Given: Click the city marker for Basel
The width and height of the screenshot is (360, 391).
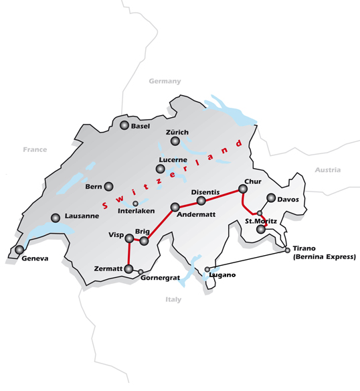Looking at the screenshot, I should [124, 125].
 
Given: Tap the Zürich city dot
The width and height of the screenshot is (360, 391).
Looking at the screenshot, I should [175, 141].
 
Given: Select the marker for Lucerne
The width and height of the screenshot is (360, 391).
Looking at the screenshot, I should [160, 168].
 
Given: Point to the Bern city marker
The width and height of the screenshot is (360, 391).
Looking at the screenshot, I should [109, 187].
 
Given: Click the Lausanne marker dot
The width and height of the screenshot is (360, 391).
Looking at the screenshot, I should [56, 217].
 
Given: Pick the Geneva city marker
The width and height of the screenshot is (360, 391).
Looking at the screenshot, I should [19, 250].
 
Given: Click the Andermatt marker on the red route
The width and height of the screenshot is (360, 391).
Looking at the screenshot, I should [175, 207].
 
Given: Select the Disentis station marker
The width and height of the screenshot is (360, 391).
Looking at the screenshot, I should [201, 200].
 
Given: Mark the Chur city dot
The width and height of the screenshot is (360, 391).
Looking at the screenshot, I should [243, 189].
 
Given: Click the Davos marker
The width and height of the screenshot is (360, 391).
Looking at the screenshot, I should [271, 198].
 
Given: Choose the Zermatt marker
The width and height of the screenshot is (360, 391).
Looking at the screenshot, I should [129, 268].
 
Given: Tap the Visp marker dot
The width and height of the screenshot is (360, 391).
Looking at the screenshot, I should [129, 238].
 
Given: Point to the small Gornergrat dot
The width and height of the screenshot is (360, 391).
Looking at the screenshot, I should [141, 272].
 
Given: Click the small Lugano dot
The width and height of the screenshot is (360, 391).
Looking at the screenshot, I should [207, 269].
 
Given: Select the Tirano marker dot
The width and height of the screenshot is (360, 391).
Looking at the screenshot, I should [288, 250].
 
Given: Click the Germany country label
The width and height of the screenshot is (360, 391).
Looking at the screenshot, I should [165, 81].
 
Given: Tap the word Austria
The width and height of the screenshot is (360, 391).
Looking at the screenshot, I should [327, 170].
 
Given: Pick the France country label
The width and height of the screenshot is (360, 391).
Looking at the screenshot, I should [35, 150].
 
